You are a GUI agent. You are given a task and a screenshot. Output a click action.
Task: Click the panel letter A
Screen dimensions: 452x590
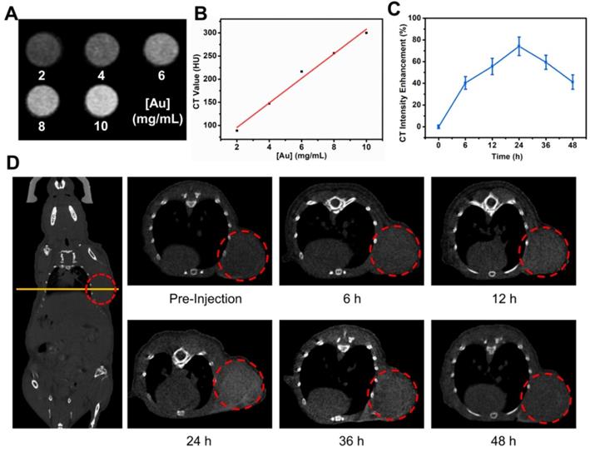pos(11,12)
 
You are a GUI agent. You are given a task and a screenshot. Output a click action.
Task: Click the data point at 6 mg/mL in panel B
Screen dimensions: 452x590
pos(301,72)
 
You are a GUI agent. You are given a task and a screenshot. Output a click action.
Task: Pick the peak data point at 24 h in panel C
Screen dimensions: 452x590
pos(496,46)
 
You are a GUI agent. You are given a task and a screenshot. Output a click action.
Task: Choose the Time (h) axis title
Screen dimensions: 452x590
pos(496,155)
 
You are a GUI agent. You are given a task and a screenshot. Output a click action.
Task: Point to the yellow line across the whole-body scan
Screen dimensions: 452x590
pos(67,289)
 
